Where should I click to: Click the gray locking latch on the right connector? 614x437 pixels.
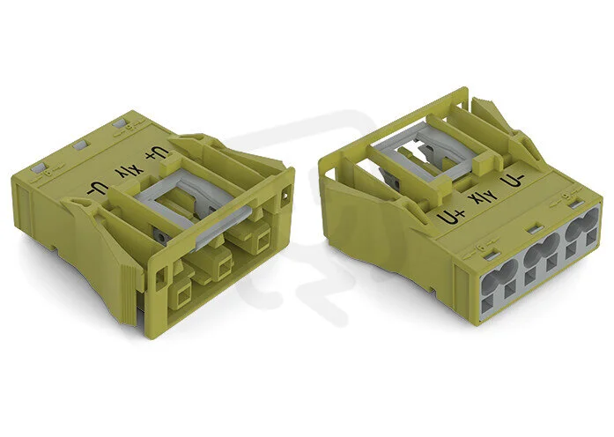click(427, 152)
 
